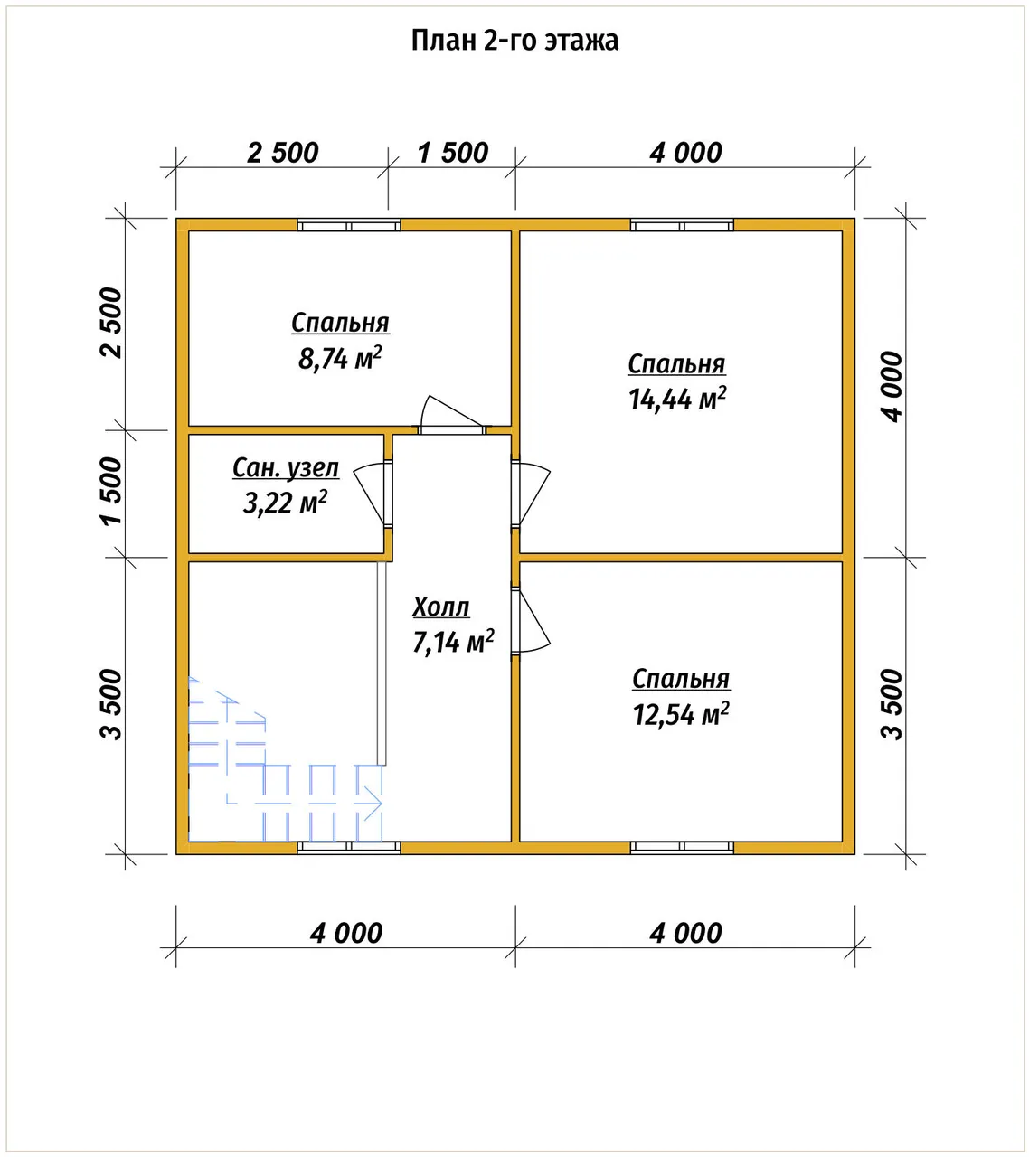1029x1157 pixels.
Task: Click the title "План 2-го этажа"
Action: [514, 41]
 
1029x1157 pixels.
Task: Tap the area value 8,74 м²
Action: [340, 358]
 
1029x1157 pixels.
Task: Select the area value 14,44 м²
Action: [677, 399]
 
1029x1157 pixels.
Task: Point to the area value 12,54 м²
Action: [681, 714]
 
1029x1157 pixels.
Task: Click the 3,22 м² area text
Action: [285, 503]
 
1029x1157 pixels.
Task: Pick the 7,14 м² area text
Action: [453, 642]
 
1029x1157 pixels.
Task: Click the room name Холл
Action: [441, 607]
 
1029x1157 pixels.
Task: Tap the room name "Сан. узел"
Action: [286, 468]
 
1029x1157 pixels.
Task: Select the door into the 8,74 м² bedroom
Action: [452, 415]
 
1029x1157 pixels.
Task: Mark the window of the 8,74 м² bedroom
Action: [348, 226]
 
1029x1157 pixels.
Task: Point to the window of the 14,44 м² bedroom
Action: [682, 226]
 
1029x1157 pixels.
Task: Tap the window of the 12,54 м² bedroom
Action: [682, 848]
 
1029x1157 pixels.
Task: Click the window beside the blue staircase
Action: [348, 848]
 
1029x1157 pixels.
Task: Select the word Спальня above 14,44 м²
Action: [677, 364]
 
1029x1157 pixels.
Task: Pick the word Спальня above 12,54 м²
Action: [681, 680]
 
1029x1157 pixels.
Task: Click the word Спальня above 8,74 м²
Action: [341, 324]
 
